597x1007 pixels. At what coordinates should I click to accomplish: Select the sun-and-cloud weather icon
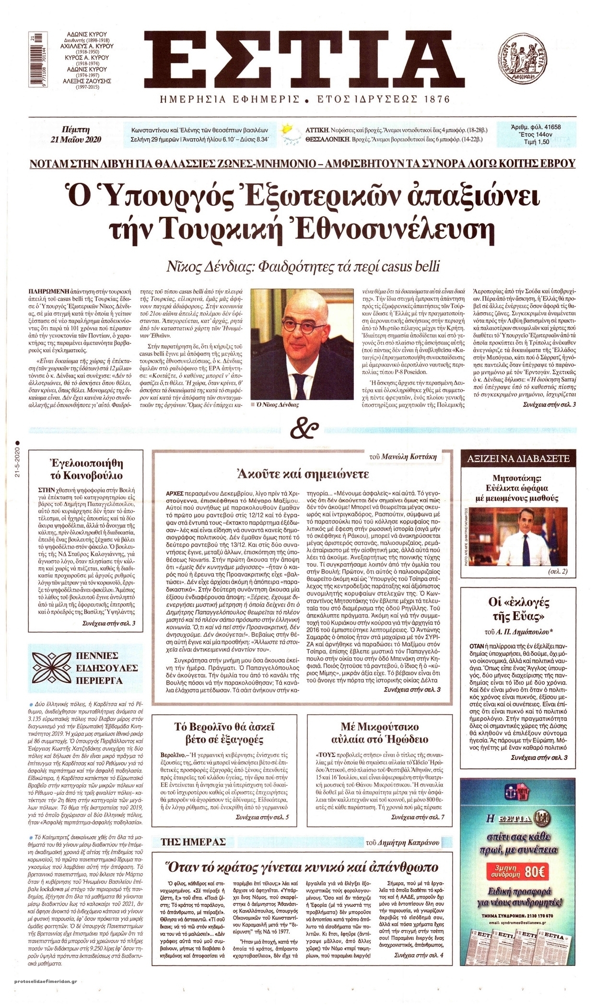coord(289,134)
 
